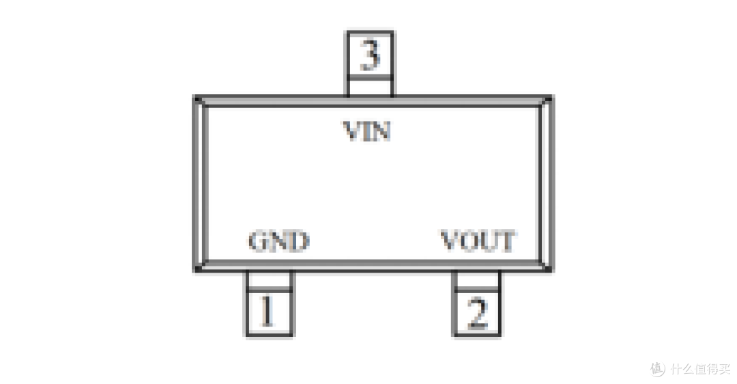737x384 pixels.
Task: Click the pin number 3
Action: click(x=370, y=55)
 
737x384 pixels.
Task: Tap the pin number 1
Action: click(x=267, y=311)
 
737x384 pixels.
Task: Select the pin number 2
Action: click(x=477, y=312)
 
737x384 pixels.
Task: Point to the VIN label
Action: click(x=367, y=131)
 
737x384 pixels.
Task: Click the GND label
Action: click(x=278, y=241)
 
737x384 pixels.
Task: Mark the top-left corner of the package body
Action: click(x=197, y=98)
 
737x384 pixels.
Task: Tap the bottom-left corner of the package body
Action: click(x=197, y=269)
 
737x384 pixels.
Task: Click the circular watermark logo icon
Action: click(x=658, y=368)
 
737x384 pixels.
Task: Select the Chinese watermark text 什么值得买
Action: click(x=700, y=368)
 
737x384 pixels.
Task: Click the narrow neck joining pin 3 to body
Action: click(x=370, y=86)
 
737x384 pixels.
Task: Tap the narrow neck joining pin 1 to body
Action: click(x=270, y=279)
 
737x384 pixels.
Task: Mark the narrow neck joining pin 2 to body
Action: click(x=476, y=279)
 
